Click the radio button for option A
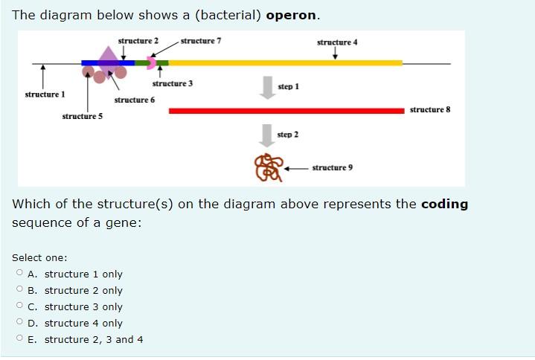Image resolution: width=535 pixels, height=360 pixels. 19,274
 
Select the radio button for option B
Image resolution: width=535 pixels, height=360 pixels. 19,290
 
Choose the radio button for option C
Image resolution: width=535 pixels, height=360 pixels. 19,306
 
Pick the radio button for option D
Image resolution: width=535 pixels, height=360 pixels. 19,323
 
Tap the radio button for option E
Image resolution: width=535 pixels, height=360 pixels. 19,339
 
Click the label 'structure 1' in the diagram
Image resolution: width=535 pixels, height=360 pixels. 45,94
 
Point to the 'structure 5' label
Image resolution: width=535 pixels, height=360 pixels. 83,116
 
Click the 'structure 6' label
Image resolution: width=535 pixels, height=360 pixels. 135,100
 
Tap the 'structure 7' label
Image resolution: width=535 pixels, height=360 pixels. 201,40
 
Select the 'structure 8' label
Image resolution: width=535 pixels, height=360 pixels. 430,110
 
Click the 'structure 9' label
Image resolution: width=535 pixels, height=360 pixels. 333,167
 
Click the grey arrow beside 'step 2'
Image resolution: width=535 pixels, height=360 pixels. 266,135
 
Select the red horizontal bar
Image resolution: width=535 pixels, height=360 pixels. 286,111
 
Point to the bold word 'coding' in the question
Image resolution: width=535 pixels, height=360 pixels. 444,204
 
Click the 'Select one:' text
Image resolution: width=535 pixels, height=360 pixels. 39,257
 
